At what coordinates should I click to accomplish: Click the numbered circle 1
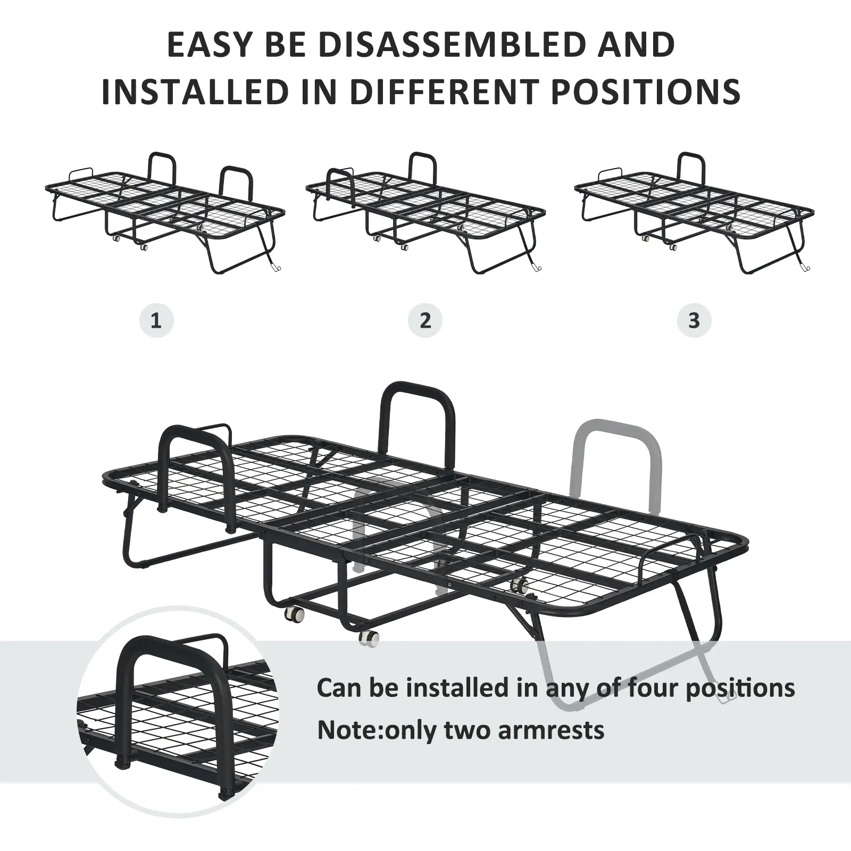coord(156,321)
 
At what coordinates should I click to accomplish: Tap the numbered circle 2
coord(425,321)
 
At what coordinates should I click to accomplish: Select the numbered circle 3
coord(694,321)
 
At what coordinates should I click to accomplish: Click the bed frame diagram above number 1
coord(165,213)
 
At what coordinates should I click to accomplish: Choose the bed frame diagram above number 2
coord(426,213)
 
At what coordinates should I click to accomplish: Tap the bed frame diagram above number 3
coord(694,213)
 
